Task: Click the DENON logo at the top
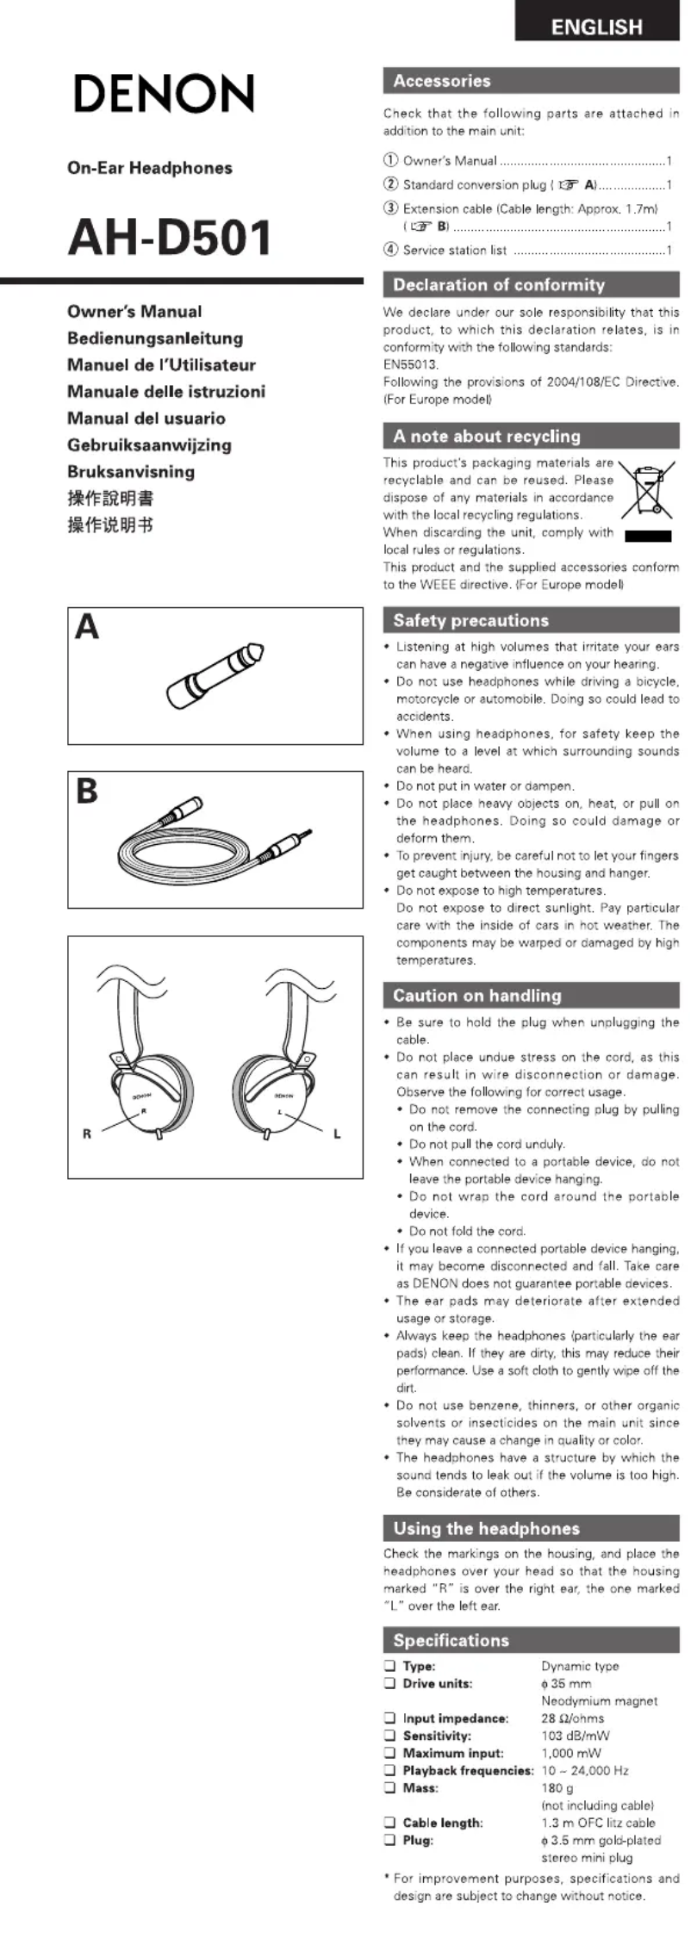point(164,94)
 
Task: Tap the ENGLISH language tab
point(596,27)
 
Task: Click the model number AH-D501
point(170,239)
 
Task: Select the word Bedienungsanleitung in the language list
point(155,339)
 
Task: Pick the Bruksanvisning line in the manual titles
point(131,472)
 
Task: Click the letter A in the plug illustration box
point(87,627)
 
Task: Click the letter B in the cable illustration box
point(87,791)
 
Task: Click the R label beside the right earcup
point(86,1134)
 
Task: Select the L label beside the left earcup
point(337,1134)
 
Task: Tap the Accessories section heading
point(442,81)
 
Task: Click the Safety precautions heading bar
point(471,620)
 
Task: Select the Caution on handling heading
point(476,996)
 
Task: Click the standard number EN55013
point(411,364)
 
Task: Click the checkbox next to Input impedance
point(389,1718)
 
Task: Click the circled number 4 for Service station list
point(390,250)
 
